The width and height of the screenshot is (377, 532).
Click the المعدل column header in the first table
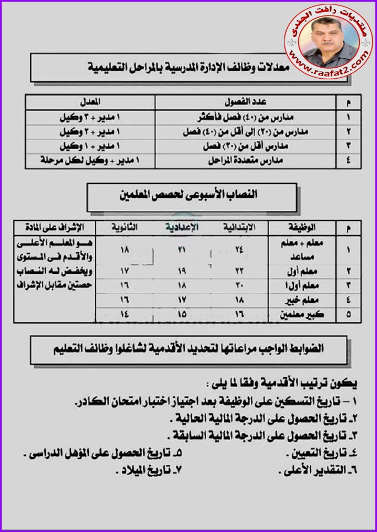pos(94,103)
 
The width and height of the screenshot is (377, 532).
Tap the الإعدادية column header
pos(182,227)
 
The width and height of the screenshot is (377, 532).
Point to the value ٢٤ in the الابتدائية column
pos(239,249)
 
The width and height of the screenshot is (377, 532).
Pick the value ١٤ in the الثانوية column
pos(125,315)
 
